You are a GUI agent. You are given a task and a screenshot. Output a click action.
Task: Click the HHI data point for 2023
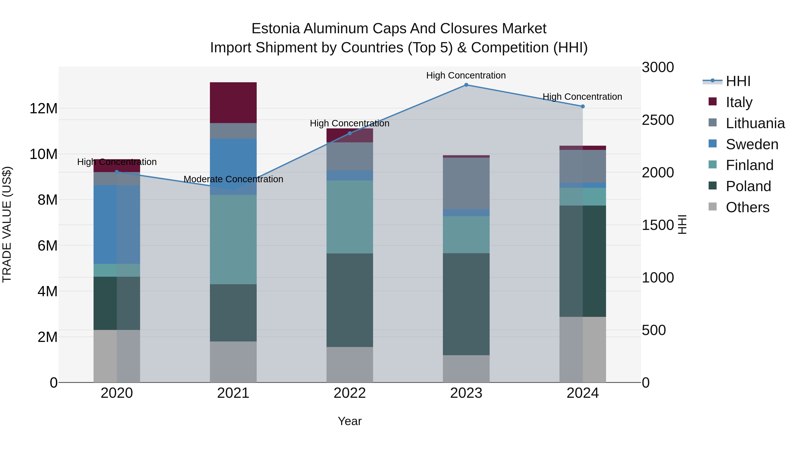[x=466, y=85]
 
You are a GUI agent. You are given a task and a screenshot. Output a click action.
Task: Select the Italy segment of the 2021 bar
[x=233, y=103]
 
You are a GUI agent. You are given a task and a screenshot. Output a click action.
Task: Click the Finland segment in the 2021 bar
[x=233, y=239]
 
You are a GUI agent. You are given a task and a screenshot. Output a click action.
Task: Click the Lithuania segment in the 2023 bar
[x=466, y=183]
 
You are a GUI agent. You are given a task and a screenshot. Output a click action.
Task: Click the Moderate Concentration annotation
[x=233, y=179]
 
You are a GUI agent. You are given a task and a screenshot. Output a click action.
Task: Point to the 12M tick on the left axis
[x=43, y=108]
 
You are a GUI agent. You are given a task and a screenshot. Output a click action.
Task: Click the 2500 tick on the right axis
[x=657, y=120]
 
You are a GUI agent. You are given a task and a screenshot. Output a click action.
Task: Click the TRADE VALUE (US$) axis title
[x=7, y=224]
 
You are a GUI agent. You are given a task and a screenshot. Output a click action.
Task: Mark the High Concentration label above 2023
[x=466, y=75]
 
